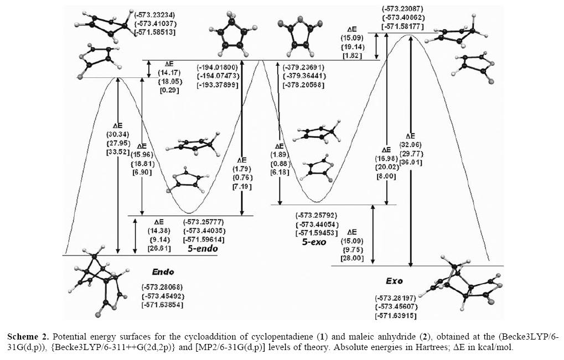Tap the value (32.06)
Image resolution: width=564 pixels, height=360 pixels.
click(410, 144)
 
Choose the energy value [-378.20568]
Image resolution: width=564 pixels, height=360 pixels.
click(303, 85)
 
